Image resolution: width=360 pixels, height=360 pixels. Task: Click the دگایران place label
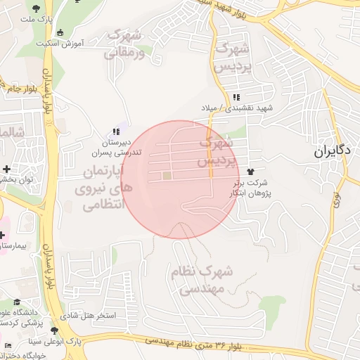(336, 150)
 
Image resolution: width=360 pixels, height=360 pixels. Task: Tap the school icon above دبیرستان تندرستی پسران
(117, 131)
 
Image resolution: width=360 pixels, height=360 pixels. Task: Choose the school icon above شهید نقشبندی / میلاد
(237, 97)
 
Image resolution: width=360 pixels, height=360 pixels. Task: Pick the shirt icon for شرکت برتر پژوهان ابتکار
(250, 172)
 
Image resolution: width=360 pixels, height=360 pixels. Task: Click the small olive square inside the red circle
(167, 176)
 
